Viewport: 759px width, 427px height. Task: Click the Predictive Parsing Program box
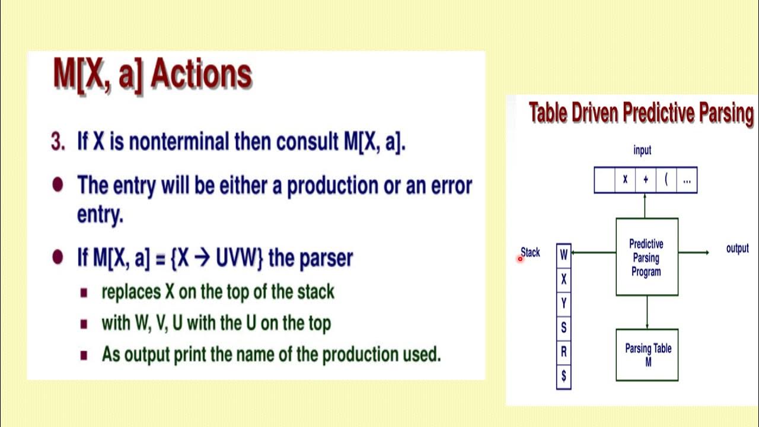(x=646, y=257)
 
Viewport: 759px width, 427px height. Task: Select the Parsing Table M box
(x=647, y=355)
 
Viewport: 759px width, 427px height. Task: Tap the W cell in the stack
(x=563, y=254)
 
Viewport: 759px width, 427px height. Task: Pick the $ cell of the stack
(x=563, y=375)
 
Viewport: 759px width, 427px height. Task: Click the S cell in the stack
(x=563, y=327)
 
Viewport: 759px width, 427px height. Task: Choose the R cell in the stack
(x=563, y=352)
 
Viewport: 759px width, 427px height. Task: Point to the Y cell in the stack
(x=563, y=303)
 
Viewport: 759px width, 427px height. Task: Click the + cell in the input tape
(x=646, y=180)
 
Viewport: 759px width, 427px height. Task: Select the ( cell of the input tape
(x=666, y=180)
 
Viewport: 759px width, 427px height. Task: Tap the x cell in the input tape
(x=624, y=180)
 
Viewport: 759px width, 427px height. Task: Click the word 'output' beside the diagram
(x=737, y=248)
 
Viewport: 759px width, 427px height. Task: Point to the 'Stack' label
(x=531, y=252)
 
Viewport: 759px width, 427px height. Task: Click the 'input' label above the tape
(x=642, y=151)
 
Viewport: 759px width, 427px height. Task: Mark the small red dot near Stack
(x=520, y=259)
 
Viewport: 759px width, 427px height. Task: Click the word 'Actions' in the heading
(x=202, y=74)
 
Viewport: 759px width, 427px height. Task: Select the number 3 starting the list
(x=57, y=142)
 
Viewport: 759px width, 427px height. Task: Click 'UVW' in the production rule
(x=238, y=258)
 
